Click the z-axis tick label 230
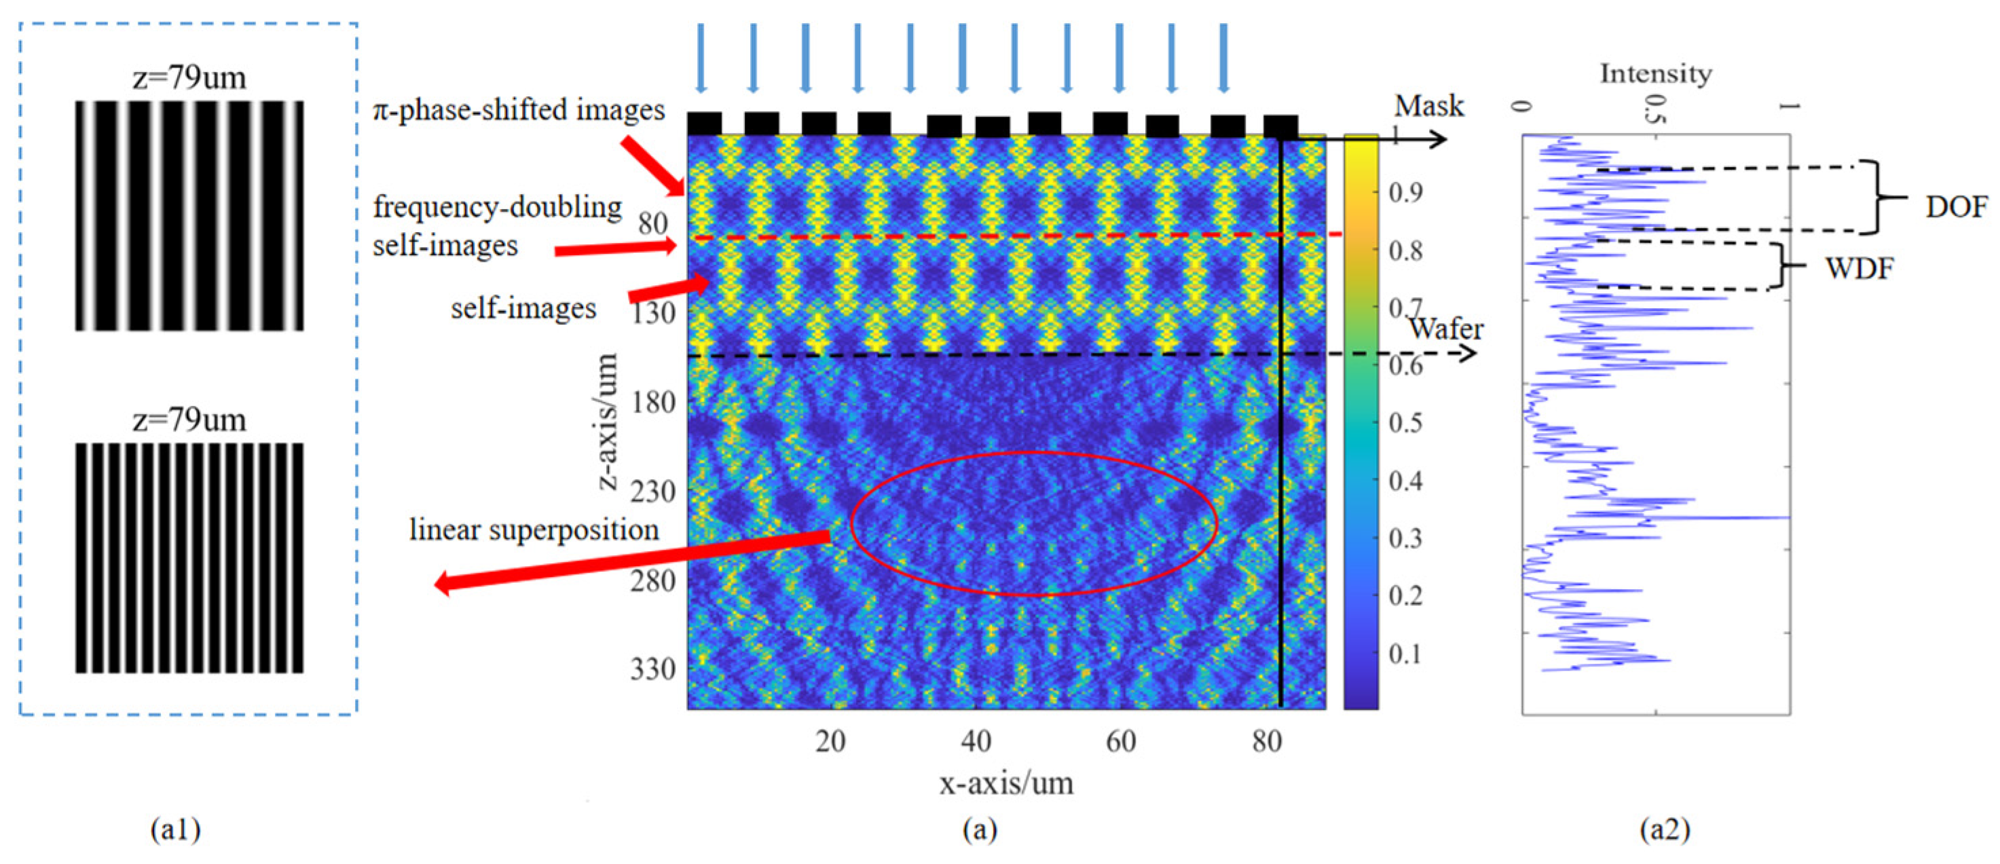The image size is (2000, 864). click(653, 491)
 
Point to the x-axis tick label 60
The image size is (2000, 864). click(1121, 742)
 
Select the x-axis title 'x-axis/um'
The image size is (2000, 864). click(1006, 783)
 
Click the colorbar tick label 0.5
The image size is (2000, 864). click(1406, 423)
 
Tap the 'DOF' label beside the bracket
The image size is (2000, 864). click(1957, 206)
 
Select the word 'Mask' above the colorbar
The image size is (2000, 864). click(1428, 106)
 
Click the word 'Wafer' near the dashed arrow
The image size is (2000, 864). click(1445, 329)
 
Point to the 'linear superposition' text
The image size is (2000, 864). click(534, 530)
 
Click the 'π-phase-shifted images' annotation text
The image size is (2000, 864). click(519, 110)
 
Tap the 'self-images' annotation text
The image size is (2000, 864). click(523, 309)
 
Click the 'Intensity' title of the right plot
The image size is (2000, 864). click(1655, 74)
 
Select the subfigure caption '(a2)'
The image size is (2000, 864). click(1665, 830)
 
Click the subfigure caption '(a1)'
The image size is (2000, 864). click(175, 830)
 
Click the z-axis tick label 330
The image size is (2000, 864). click(653, 669)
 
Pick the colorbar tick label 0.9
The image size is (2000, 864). click(1406, 192)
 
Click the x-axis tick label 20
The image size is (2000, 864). click(830, 742)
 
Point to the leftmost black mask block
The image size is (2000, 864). click(704, 124)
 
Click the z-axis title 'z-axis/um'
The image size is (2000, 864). click(608, 421)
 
